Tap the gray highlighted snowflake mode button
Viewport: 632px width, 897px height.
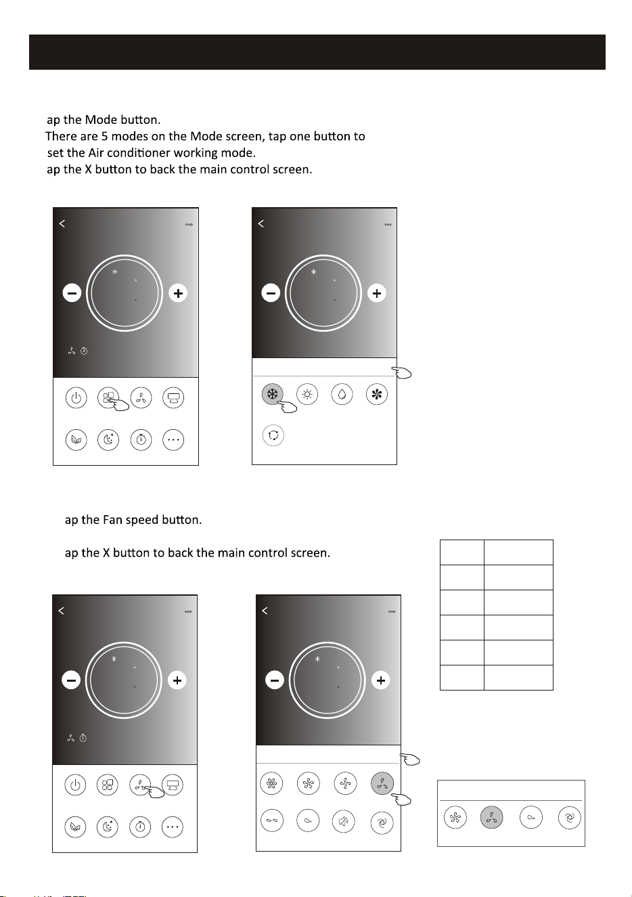pos(273,395)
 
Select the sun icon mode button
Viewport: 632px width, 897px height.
pos(307,395)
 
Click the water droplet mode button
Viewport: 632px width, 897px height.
pos(342,395)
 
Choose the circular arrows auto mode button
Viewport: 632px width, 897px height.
pos(273,435)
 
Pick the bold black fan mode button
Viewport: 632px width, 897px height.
pos(377,395)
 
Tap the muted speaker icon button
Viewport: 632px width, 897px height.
pos(344,821)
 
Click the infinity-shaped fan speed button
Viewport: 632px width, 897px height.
pos(272,820)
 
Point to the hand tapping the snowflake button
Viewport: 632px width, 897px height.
pos(287,407)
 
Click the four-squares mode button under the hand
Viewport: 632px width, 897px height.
pos(108,397)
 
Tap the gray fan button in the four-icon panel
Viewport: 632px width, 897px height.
pos(491,817)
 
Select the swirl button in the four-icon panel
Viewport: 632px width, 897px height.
pos(569,817)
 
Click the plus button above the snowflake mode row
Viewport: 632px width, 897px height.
pos(377,293)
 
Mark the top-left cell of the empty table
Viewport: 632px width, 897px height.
pos(462,552)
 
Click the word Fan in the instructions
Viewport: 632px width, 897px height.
pos(112,520)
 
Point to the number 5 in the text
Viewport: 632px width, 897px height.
pos(104,137)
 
